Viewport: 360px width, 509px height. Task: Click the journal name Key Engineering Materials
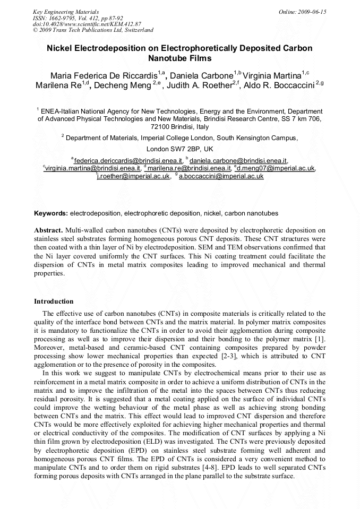pyautogui.click(x=66, y=12)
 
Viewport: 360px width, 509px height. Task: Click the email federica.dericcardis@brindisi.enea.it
pyautogui.click(x=128, y=160)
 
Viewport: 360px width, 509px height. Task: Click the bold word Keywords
pyautogui.click(x=50, y=213)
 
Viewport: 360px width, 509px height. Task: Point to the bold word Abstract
pyautogui.click(x=48, y=230)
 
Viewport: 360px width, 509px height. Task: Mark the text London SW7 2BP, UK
pyautogui.click(x=179, y=149)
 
